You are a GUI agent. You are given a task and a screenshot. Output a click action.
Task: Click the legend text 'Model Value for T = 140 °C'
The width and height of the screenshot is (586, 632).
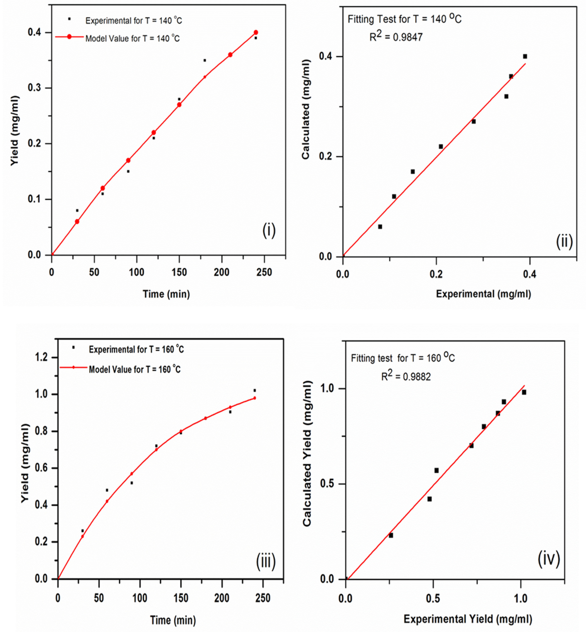[133, 38]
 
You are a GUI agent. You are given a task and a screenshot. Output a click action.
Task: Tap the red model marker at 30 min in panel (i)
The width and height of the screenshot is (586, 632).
[77, 221]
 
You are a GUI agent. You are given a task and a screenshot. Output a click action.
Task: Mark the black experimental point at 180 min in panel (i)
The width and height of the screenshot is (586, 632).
[205, 60]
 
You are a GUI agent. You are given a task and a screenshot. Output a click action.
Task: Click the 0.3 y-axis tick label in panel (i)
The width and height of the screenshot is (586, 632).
[34, 88]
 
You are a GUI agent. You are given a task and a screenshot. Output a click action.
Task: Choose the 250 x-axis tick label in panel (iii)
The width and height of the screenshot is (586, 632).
[263, 598]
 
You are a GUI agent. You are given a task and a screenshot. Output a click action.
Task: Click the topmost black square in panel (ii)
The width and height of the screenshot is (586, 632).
[525, 56]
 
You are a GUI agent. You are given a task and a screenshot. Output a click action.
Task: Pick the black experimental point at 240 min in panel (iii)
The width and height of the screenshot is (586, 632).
[255, 390]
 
